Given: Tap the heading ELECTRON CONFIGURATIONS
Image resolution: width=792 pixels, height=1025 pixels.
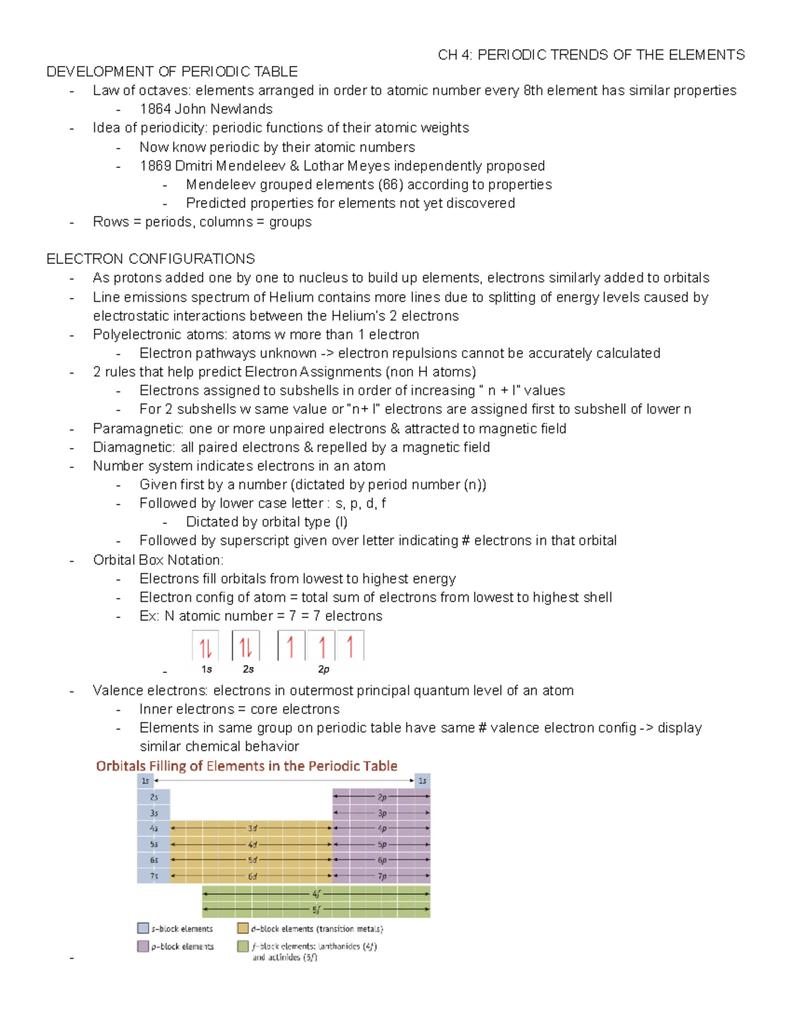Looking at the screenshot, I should (x=150, y=259).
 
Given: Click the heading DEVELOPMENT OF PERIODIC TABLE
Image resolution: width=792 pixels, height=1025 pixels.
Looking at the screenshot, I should (x=172, y=71).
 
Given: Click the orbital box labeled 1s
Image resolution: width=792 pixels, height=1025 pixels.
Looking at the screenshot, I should (x=205, y=646).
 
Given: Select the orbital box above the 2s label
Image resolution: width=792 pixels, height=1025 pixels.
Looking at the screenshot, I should (x=246, y=646).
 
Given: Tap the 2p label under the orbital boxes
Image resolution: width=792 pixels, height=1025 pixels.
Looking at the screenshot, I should (x=323, y=669).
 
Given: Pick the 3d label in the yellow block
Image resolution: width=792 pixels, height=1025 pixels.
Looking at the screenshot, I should (x=252, y=828).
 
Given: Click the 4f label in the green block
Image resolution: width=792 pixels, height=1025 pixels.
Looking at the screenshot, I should (x=316, y=894).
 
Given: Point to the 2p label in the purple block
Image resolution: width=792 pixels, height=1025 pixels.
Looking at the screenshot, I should (x=382, y=797).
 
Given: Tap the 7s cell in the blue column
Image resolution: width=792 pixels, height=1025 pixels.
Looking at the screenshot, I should (x=154, y=876).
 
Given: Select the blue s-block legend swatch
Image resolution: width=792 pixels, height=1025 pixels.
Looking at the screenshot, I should (x=143, y=928).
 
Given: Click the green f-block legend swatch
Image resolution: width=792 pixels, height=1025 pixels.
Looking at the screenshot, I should (x=243, y=946).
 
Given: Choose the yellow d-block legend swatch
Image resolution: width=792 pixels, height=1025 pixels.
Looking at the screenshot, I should (x=243, y=928).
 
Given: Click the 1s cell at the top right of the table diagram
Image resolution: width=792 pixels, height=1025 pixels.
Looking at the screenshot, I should (x=422, y=781).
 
